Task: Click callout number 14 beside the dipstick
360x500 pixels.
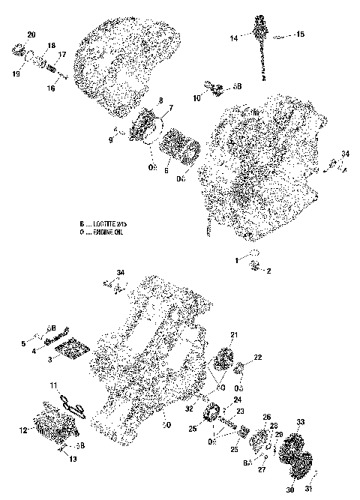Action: click(234, 37)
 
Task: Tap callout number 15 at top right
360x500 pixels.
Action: click(300, 34)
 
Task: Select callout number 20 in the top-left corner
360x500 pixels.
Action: click(31, 35)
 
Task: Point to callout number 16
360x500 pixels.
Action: click(52, 88)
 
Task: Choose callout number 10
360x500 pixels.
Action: click(197, 97)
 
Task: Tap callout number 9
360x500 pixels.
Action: click(111, 139)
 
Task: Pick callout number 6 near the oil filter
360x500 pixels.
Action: click(167, 170)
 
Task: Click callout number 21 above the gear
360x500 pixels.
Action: click(233, 334)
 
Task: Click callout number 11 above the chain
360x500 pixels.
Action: click(53, 385)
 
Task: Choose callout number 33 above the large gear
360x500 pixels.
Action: click(301, 422)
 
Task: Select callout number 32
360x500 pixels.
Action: click(191, 411)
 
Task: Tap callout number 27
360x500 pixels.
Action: click(262, 470)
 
